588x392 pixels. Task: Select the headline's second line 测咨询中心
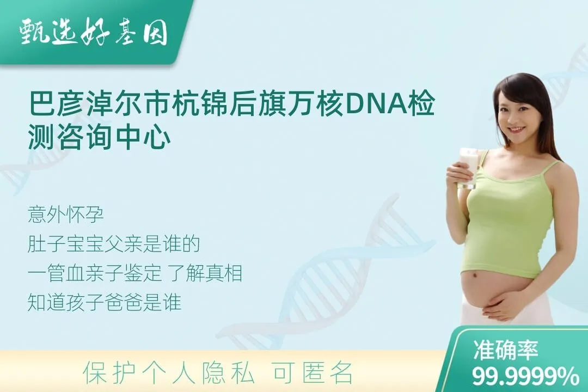100,137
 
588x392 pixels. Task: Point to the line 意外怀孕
66,215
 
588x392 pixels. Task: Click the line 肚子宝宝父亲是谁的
114,244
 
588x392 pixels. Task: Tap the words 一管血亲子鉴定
95,273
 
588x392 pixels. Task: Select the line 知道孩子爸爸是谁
105,302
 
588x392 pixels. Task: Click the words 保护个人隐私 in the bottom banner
169,372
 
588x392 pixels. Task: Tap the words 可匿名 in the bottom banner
313,372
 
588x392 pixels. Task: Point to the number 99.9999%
525,376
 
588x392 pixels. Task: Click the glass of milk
468,168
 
